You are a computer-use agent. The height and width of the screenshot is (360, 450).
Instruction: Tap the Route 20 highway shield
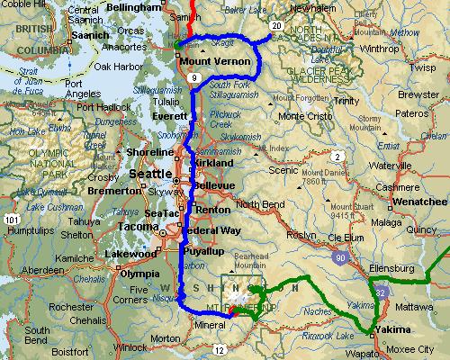(x=274, y=25)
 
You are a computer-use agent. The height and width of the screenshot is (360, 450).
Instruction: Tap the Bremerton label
(x=114, y=191)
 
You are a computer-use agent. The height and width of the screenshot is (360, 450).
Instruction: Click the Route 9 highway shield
(x=195, y=79)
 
